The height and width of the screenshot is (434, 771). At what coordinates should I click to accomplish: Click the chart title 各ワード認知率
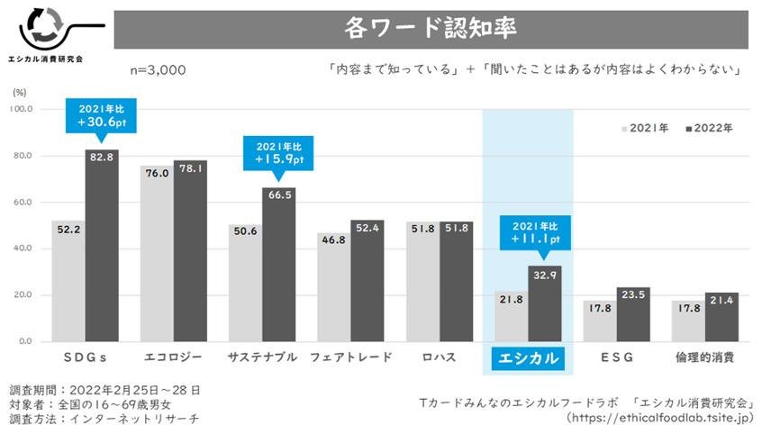coord(430,29)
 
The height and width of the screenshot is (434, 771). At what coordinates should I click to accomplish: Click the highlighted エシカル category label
coord(528,357)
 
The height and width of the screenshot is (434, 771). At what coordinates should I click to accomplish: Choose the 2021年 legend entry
coord(645,128)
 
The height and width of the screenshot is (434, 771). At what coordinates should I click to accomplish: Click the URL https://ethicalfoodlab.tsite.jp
coord(660,418)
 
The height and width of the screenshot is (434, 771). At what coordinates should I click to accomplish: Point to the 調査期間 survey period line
coord(104,390)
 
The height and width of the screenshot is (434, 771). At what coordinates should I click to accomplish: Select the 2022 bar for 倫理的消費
coord(721,317)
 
